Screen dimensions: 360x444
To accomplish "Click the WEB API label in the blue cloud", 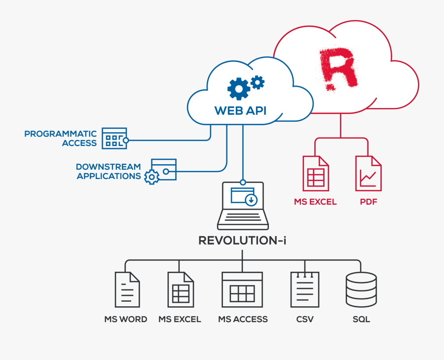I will click(240, 110).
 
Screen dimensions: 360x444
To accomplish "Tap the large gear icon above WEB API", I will click(238, 89).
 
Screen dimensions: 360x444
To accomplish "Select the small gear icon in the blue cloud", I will click(257, 81).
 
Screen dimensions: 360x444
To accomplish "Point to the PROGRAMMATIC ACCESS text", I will click(60, 139).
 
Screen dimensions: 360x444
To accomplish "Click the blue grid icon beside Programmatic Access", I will click(114, 139).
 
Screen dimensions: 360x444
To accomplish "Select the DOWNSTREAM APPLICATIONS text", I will click(109, 171).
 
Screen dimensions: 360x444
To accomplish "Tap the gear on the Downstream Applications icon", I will click(151, 177).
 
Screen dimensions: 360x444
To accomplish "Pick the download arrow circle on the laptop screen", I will click(251, 200).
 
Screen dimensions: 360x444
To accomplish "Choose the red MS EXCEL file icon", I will click(316, 173).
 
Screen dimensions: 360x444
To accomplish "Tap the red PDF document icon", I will click(368, 173).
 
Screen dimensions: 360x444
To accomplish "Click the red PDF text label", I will click(368, 202).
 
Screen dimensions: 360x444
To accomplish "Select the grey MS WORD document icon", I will click(127, 289).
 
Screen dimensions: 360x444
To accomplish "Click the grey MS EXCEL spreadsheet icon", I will click(180, 289).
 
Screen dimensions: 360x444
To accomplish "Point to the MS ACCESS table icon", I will click(242, 289).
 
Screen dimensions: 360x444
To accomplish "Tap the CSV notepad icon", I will click(305, 289).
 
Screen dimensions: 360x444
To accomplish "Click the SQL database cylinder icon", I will click(361, 289).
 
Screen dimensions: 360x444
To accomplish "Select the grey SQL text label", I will click(361, 319).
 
